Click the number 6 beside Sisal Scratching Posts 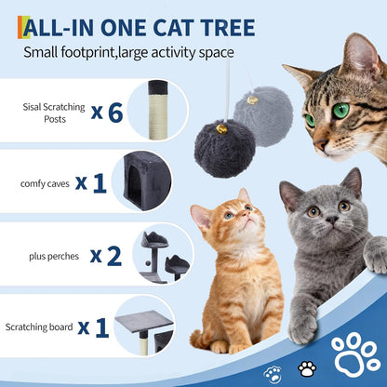coord(115,113)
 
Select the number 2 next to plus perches coord(113,256)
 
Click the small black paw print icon coord(306,368)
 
